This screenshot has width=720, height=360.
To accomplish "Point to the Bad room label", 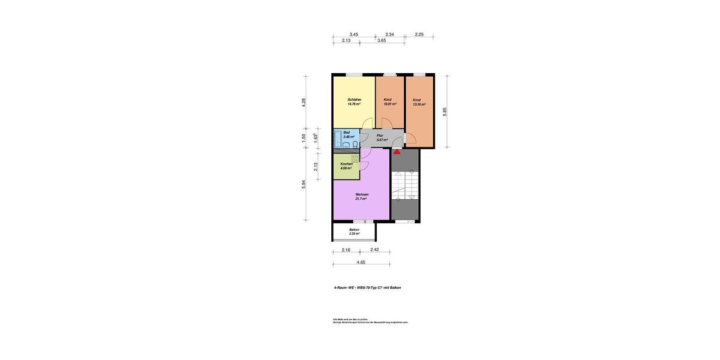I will point(346,133).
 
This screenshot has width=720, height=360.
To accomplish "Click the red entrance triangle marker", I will point(397,152).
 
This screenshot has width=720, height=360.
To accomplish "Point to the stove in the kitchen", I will point(355,158).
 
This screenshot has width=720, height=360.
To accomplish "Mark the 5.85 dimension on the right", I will point(445,112).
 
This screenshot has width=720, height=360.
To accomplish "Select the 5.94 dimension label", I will point(304,184).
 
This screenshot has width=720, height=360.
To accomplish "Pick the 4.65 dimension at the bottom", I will point(361,262).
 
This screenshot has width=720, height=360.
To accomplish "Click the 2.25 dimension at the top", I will point(419,35).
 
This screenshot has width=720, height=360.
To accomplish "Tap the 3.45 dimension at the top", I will point(354,35).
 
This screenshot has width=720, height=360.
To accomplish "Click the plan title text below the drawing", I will point(367,287).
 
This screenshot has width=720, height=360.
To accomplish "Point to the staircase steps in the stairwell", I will point(404,184).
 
